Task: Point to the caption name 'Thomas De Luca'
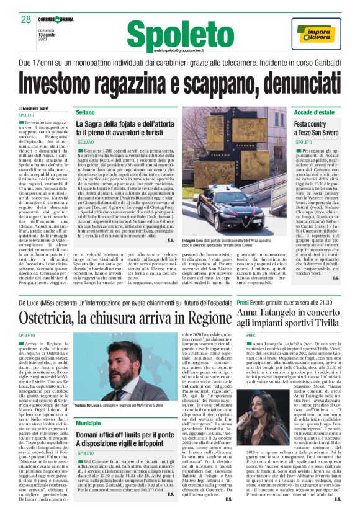tap(89, 404)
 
